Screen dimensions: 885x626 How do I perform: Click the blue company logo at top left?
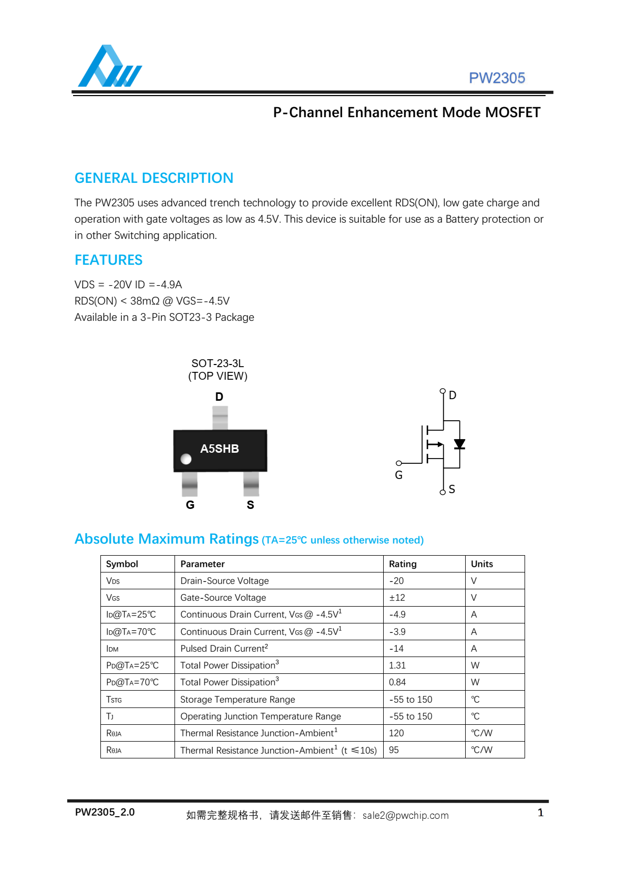109,67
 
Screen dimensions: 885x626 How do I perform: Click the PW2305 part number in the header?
497,78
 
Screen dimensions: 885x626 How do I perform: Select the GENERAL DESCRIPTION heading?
153,178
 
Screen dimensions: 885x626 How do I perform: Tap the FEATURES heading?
108,260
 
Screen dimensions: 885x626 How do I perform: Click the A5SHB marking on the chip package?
219,449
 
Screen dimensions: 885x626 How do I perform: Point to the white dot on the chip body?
186,459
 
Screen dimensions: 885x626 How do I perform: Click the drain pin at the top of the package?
220,418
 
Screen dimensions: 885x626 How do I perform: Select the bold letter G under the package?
190,505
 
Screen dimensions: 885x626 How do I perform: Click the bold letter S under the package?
250,505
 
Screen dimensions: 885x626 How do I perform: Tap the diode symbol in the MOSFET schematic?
459,444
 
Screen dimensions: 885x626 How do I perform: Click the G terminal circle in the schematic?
399,463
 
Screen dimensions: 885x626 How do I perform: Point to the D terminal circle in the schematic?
443,391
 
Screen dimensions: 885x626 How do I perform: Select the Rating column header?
403,564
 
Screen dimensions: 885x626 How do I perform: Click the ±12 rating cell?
397,598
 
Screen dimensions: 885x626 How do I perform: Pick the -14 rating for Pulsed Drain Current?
396,649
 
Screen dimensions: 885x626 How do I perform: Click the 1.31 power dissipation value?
397,665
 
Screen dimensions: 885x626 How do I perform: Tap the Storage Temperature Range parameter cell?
238,700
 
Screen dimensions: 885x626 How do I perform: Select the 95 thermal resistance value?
394,750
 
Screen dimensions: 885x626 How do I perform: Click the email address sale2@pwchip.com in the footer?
405,816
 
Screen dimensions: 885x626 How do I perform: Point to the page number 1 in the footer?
540,813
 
